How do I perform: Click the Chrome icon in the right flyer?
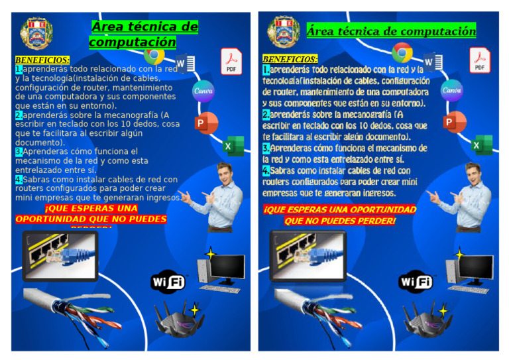click(402, 52)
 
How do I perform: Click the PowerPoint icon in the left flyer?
click(206, 123)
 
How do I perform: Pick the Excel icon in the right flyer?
click(481, 145)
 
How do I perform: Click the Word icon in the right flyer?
click(431, 63)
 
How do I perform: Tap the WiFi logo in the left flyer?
click(168, 282)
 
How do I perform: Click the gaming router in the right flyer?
click(424, 320)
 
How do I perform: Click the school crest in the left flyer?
click(36, 33)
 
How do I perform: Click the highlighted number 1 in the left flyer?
click(19, 69)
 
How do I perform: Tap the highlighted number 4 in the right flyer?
click(265, 170)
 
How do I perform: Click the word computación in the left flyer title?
click(133, 42)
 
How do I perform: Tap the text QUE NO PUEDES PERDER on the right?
click(339, 221)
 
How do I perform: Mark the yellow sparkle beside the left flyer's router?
click(194, 310)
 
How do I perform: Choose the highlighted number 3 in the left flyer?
click(19, 152)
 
